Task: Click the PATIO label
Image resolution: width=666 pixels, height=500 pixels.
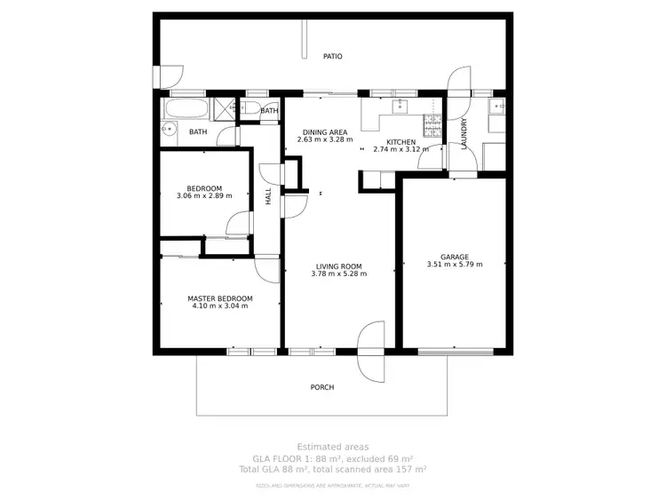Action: [333, 56]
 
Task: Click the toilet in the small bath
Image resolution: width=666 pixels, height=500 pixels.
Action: [251, 110]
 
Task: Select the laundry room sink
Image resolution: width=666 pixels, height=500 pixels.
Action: [497, 109]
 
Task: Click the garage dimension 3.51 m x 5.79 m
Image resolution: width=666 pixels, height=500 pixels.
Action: [455, 265]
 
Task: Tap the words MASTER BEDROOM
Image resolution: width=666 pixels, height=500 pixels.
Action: [219, 298]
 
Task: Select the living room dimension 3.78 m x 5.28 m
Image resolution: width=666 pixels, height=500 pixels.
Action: [339, 274]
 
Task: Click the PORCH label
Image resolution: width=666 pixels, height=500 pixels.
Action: [322, 387]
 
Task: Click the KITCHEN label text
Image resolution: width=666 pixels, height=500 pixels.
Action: [400, 142]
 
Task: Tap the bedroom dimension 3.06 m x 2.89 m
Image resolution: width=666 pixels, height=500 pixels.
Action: [204, 195]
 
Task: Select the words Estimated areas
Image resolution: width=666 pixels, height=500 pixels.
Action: [332, 447]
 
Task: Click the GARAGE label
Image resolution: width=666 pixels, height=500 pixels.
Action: [455, 257]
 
